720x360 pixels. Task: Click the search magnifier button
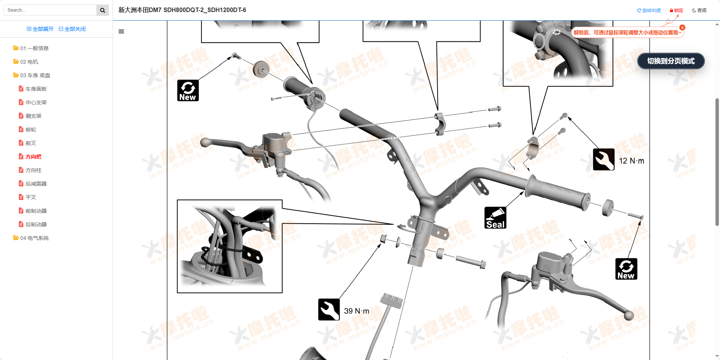point(102,10)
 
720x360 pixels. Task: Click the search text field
point(50,10)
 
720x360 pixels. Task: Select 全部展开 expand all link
point(40,29)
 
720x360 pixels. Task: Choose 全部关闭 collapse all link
point(72,29)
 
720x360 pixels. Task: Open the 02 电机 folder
point(26,62)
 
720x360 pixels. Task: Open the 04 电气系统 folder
point(31,238)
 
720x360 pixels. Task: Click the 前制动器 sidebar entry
point(33,211)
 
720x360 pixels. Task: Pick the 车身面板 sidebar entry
point(33,89)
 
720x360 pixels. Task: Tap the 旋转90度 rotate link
point(649,11)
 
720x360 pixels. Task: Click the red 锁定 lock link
point(676,11)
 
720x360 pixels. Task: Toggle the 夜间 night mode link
point(699,11)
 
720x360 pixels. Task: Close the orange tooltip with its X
point(682,27)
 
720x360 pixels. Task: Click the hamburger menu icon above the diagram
point(121,32)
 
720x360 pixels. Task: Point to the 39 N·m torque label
point(357,311)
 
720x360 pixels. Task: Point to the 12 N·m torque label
point(632,161)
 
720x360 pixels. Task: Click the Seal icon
point(495,218)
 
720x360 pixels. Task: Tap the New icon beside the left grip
point(188,90)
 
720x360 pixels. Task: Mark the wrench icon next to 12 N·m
point(604,159)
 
